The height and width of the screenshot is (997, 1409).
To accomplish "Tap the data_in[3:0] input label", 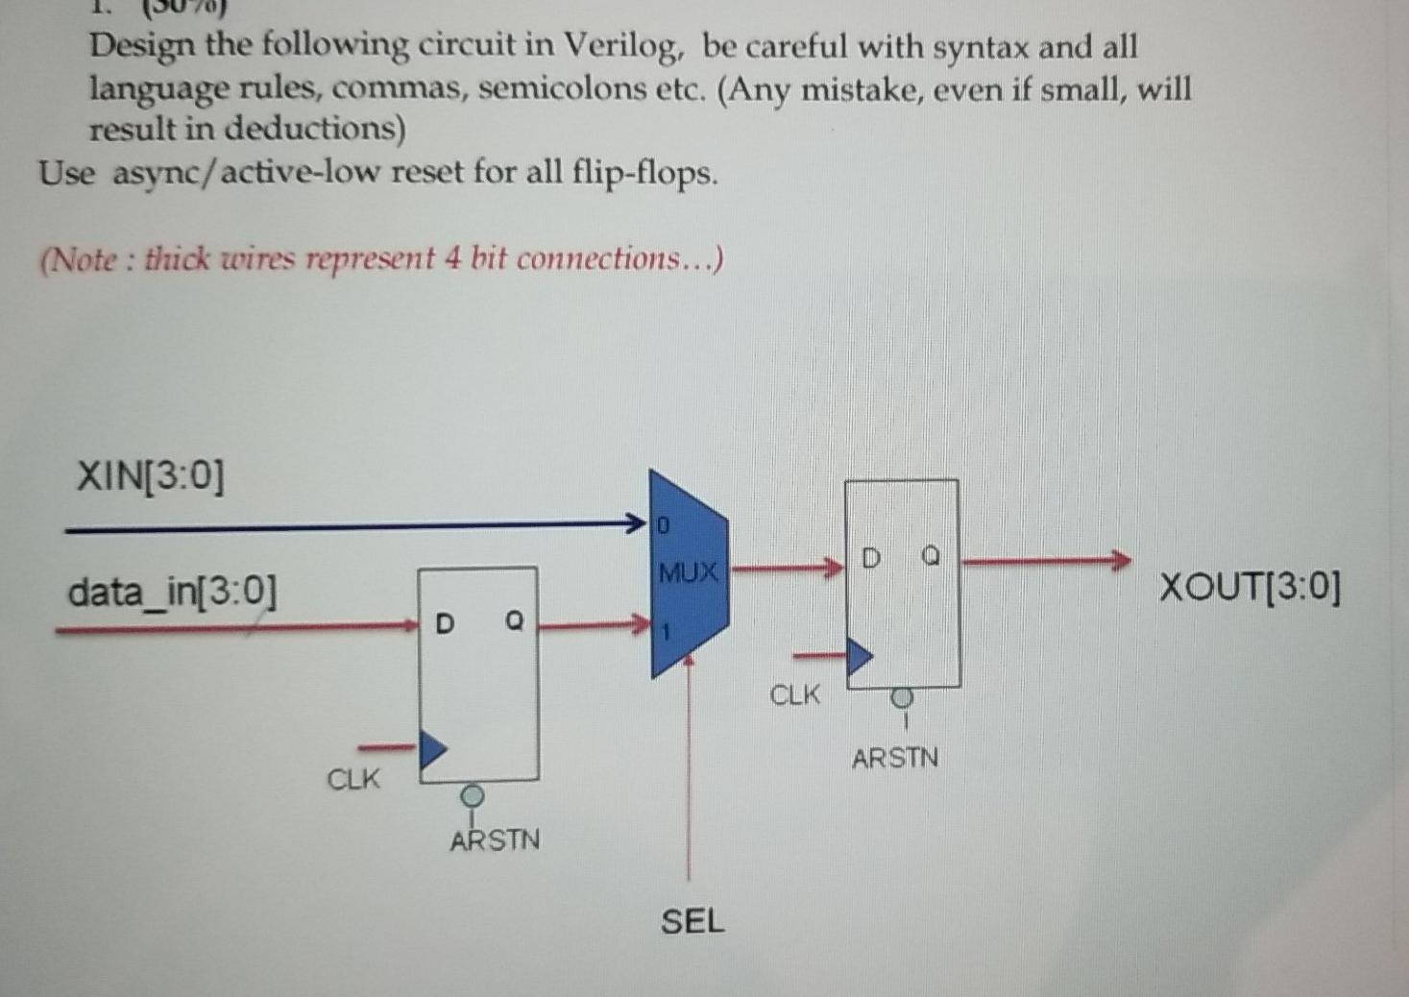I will (172, 591).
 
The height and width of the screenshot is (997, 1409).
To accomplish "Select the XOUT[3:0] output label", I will (1250, 586).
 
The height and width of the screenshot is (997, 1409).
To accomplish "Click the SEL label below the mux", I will (692, 922).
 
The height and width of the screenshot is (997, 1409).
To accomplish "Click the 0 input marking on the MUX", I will (662, 526).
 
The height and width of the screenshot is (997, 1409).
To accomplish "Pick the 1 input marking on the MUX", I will (663, 633).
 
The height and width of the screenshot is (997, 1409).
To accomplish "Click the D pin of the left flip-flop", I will (444, 624).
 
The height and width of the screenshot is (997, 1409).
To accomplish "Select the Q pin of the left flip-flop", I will (514, 622).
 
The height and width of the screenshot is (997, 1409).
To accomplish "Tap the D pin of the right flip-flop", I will (870, 558).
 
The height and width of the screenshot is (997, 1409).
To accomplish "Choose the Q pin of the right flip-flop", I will (930, 556).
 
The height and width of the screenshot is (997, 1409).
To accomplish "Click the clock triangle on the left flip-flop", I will (432, 747).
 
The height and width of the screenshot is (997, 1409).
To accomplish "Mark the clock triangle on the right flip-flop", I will (859, 657).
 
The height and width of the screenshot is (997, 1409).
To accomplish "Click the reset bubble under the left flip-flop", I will (472, 796).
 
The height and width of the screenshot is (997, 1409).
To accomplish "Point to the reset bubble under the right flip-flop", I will (901, 699).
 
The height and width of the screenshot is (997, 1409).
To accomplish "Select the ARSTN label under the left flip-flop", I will (495, 840).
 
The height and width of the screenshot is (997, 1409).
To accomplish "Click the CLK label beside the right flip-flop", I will (795, 694).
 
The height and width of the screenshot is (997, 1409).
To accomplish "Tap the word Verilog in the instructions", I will (620, 45).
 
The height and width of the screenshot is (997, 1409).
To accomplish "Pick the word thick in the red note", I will (177, 259).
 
